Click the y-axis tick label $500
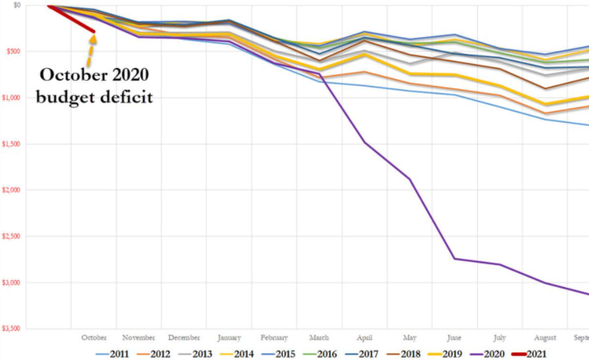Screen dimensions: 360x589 (13, 51)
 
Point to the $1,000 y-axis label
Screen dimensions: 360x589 (11, 98)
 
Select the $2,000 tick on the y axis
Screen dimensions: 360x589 (11, 190)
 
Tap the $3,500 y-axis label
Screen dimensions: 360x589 (11, 329)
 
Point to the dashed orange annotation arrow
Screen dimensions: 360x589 (88, 52)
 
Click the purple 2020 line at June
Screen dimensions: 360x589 (454, 258)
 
